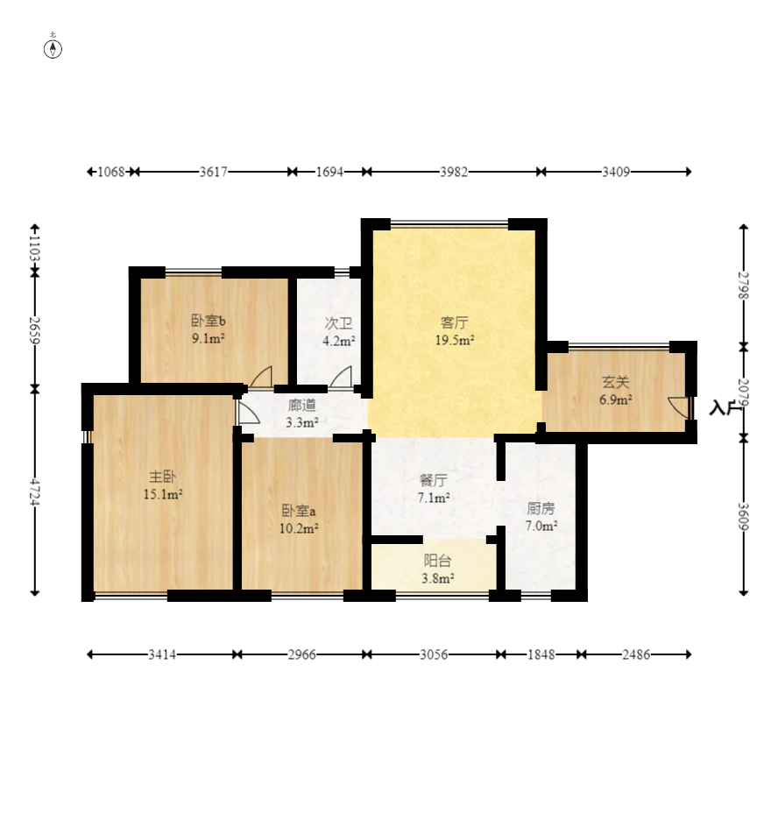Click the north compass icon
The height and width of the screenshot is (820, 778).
(x=53, y=49)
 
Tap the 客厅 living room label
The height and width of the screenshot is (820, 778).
(x=454, y=322)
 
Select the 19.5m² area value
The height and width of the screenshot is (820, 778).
(x=455, y=341)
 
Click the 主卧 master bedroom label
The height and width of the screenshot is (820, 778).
(x=163, y=477)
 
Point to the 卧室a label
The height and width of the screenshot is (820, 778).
(x=299, y=511)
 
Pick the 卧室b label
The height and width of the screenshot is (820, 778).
(x=209, y=321)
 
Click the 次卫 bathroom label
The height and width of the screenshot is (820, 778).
(x=338, y=323)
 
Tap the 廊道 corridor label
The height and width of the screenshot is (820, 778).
(x=301, y=405)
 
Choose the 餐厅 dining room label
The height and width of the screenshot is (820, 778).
(x=434, y=479)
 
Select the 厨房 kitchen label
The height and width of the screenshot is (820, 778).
(x=541, y=508)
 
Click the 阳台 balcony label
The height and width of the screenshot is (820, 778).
(x=437, y=561)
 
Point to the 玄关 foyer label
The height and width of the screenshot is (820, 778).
(x=615, y=382)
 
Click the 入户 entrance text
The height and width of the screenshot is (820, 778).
(x=725, y=408)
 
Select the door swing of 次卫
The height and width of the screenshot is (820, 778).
(x=341, y=376)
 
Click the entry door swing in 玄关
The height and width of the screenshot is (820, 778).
(x=679, y=407)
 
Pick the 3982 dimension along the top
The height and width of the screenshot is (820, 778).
(x=454, y=172)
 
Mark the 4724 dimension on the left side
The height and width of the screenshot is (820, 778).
(x=34, y=492)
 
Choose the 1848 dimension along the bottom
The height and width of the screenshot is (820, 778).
(x=541, y=654)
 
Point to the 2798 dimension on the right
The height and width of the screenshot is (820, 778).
(x=744, y=286)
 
